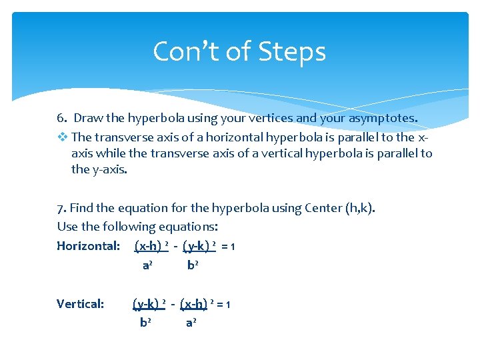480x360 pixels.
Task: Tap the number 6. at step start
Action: tap(62, 118)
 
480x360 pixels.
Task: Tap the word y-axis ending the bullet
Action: tap(108, 169)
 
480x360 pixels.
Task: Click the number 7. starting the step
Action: tap(61, 207)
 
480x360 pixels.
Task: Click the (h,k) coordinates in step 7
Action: tap(361, 207)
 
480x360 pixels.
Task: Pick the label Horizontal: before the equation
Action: tap(89, 246)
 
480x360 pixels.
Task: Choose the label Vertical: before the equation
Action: tap(81, 304)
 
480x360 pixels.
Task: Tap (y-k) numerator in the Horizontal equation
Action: tap(197, 246)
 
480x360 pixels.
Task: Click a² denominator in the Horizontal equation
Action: tap(148, 265)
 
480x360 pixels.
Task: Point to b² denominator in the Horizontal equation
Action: tap(192, 265)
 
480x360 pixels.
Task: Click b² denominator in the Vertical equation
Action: tap(145, 323)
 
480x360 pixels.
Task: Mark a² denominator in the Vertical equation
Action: tap(191, 323)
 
